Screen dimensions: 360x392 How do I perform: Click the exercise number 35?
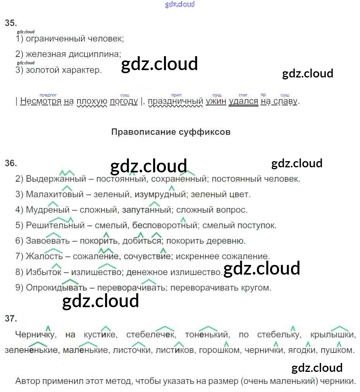coord(11,23)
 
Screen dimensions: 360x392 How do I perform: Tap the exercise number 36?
coord(11,163)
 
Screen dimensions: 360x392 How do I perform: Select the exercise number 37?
coord(11,319)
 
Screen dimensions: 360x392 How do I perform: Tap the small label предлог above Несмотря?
coord(48,95)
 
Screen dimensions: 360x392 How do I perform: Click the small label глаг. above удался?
coord(243,95)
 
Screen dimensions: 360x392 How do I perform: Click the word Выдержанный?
coord(56,179)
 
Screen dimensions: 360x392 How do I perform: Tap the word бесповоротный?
coord(165,225)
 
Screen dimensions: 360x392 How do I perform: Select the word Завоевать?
coord(48,241)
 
